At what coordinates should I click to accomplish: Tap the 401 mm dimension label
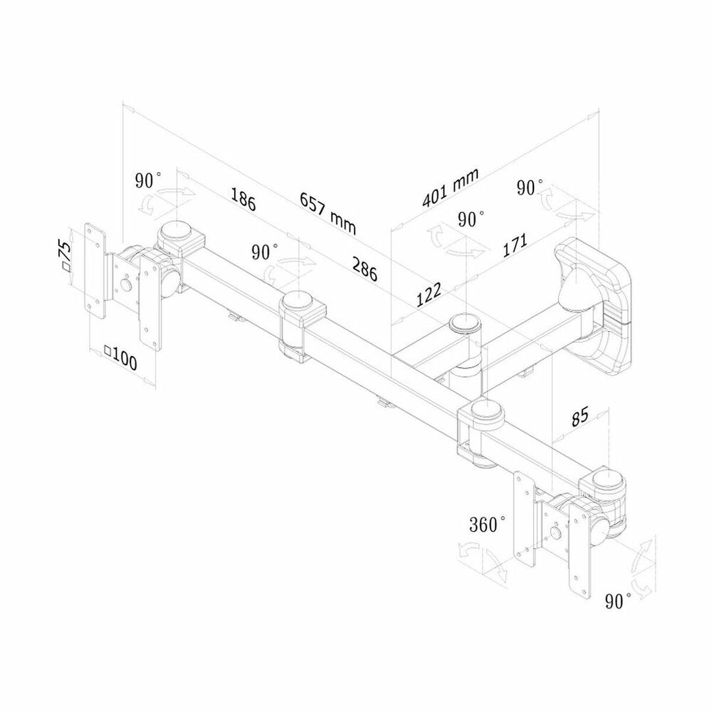pyautogui.click(x=450, y=187)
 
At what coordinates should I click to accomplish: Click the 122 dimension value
pyautogui.click(x=429, y=295)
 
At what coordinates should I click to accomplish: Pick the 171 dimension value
pyautogui.click(x=514, y=245)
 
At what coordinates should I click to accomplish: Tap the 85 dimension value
pyautogui.click(x=579, y=417)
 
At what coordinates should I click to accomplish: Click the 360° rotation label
pyautogui.click(x=487, y=524)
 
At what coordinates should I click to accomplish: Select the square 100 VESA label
pyautogui.click(x=121, y=359)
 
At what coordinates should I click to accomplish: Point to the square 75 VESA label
pyautogui.click(x=65, y=256)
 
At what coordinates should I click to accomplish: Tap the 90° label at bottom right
pyautogui.click(x=618, y=601)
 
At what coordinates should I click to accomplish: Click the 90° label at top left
pyautogui.click(x=148, y=180)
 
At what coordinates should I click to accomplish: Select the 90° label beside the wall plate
pyautogui.click(x=529, y=187)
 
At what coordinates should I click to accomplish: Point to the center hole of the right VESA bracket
pyautogui.click(x=554, y=532)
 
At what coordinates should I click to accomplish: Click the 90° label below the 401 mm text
pyautogui.click(x=471, y=219)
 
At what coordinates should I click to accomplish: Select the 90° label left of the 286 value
pyautogui.click(x=265, y=252)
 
